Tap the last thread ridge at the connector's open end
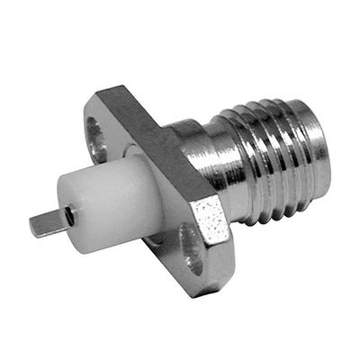pyautogui.click(x=310, y=148)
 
